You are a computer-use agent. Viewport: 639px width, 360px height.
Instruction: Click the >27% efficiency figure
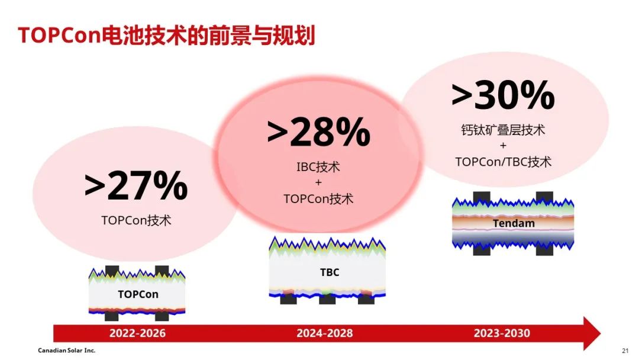pos(136,185)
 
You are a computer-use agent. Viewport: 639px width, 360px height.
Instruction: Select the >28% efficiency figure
pos(319,131)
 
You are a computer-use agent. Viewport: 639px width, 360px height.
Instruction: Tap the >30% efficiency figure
pos(504,95)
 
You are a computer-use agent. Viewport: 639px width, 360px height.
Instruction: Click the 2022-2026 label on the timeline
pos(137,333)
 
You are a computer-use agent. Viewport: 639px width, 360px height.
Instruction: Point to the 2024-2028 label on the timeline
pos(325,333)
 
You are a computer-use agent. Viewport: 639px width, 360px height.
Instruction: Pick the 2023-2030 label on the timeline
pos(502,333)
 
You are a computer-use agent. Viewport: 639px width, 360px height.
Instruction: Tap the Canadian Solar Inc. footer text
pos(66,350)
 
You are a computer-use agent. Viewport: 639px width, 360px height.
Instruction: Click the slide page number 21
pos(625,351)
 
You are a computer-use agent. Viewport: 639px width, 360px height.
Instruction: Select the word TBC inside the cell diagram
pos(330,272)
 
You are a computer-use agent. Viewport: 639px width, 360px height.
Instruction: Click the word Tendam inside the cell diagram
pos(514,223)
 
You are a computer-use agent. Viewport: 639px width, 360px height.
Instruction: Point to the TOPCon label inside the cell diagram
pos(138,294)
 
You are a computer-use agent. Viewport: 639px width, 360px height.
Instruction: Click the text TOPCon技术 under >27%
pos(136,221)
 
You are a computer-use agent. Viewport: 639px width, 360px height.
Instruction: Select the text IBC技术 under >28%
pos(318,167)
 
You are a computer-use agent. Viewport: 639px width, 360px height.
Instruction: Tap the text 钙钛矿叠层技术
pos(504,130)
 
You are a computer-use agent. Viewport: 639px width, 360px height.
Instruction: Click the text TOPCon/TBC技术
pos(504,162)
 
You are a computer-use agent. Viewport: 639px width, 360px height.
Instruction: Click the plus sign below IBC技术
pos(318,182)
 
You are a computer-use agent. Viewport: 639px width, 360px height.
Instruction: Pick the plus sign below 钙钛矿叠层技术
pos(504,146)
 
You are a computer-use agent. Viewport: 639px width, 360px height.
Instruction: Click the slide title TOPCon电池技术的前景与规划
pos(167,35)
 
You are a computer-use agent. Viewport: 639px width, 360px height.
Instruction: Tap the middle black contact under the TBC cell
pos(327,300)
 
